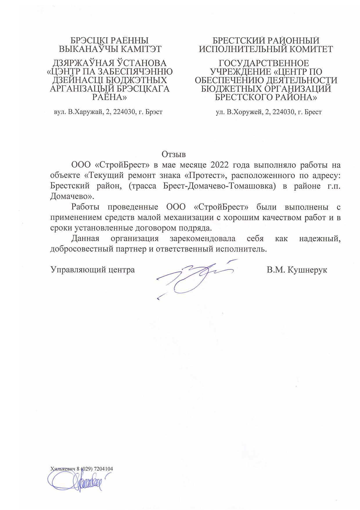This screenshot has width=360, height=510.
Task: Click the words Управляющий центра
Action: coord(93,270)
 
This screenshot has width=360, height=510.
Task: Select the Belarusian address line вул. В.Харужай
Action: coord(108,112)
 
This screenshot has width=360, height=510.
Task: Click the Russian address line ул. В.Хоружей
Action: coord(269,112)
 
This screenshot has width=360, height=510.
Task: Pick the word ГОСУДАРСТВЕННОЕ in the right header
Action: coord(264,63)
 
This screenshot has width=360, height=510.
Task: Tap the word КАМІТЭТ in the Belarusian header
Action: coord(142,49)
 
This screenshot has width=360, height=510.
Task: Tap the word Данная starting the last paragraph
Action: coord(85,239)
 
